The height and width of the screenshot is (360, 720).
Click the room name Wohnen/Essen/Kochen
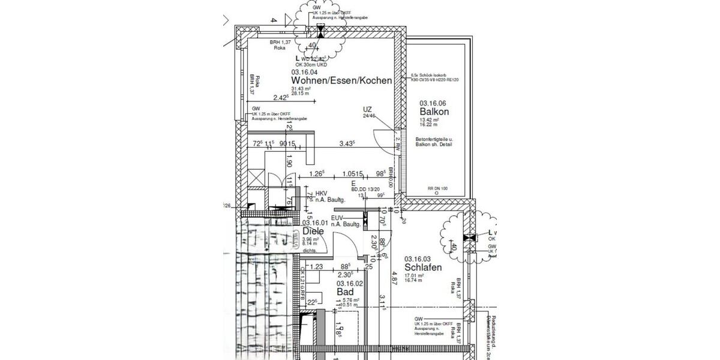(341, 80)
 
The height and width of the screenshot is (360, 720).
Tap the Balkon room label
(434, 112)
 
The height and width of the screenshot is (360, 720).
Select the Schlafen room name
(423, 268)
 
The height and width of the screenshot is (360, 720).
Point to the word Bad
(344, 292)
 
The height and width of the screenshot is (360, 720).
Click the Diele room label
(313, 231)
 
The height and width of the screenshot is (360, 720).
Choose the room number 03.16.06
(434, 103)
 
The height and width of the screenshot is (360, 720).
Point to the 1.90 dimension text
(289, 160)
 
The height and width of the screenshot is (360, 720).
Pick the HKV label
(314, 194)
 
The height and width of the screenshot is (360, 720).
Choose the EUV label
(337, 218)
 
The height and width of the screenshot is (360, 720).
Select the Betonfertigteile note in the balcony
(434, 142)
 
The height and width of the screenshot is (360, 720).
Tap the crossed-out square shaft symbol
(256, 178)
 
